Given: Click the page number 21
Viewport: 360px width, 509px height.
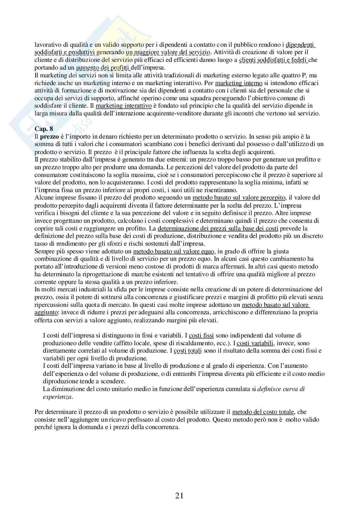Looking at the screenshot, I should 180,495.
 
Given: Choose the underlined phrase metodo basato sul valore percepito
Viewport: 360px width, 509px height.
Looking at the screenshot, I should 239,198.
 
